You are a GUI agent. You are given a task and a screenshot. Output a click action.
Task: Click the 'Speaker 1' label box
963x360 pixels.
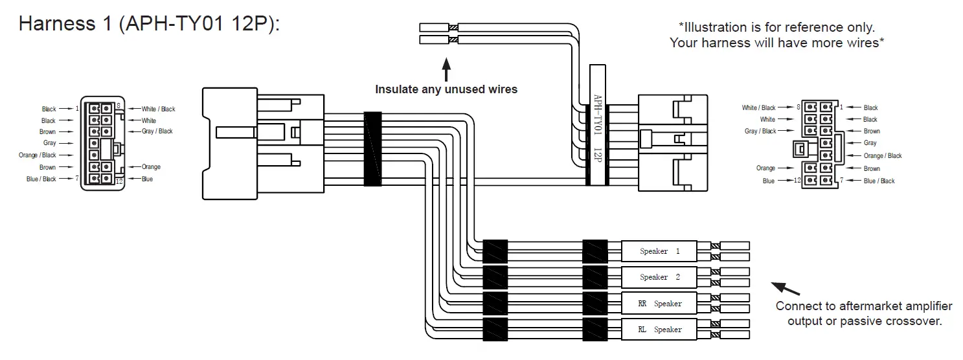point(659,251)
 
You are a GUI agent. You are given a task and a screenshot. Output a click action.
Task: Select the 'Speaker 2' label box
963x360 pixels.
point(659,277)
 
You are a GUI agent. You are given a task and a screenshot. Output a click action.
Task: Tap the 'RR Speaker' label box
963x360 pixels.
point(659,303)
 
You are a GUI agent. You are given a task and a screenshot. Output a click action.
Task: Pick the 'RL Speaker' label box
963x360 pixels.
point(659,329)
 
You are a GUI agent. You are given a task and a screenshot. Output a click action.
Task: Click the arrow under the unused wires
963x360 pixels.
point(446,69)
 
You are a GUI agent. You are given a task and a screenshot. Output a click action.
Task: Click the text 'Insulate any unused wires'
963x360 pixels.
point(446,89)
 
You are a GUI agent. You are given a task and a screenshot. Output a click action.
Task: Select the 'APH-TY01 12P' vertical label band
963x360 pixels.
point(597,125)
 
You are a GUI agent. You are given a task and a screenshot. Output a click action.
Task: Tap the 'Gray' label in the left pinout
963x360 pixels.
point(49,143)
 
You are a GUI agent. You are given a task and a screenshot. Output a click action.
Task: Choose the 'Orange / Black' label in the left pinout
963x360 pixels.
point(40,155)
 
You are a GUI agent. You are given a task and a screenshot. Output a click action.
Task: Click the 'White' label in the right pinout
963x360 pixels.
point(767,119)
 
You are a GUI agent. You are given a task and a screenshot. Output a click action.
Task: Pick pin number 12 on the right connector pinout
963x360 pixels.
point(797,181)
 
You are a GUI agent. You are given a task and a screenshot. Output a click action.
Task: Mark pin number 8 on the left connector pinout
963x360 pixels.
point(119,106)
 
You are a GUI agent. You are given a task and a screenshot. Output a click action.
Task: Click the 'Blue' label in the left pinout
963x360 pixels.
point(147,179)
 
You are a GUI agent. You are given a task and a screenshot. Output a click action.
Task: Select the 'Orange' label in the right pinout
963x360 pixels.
point(765,168)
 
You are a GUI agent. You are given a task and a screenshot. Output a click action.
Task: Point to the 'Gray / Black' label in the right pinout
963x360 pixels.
point(760,131)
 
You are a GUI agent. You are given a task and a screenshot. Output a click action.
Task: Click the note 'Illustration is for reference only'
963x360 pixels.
point(776,28)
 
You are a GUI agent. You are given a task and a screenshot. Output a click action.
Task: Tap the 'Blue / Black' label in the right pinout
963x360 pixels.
point(879,181)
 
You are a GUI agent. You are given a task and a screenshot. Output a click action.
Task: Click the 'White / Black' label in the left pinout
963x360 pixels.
point(158,109)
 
